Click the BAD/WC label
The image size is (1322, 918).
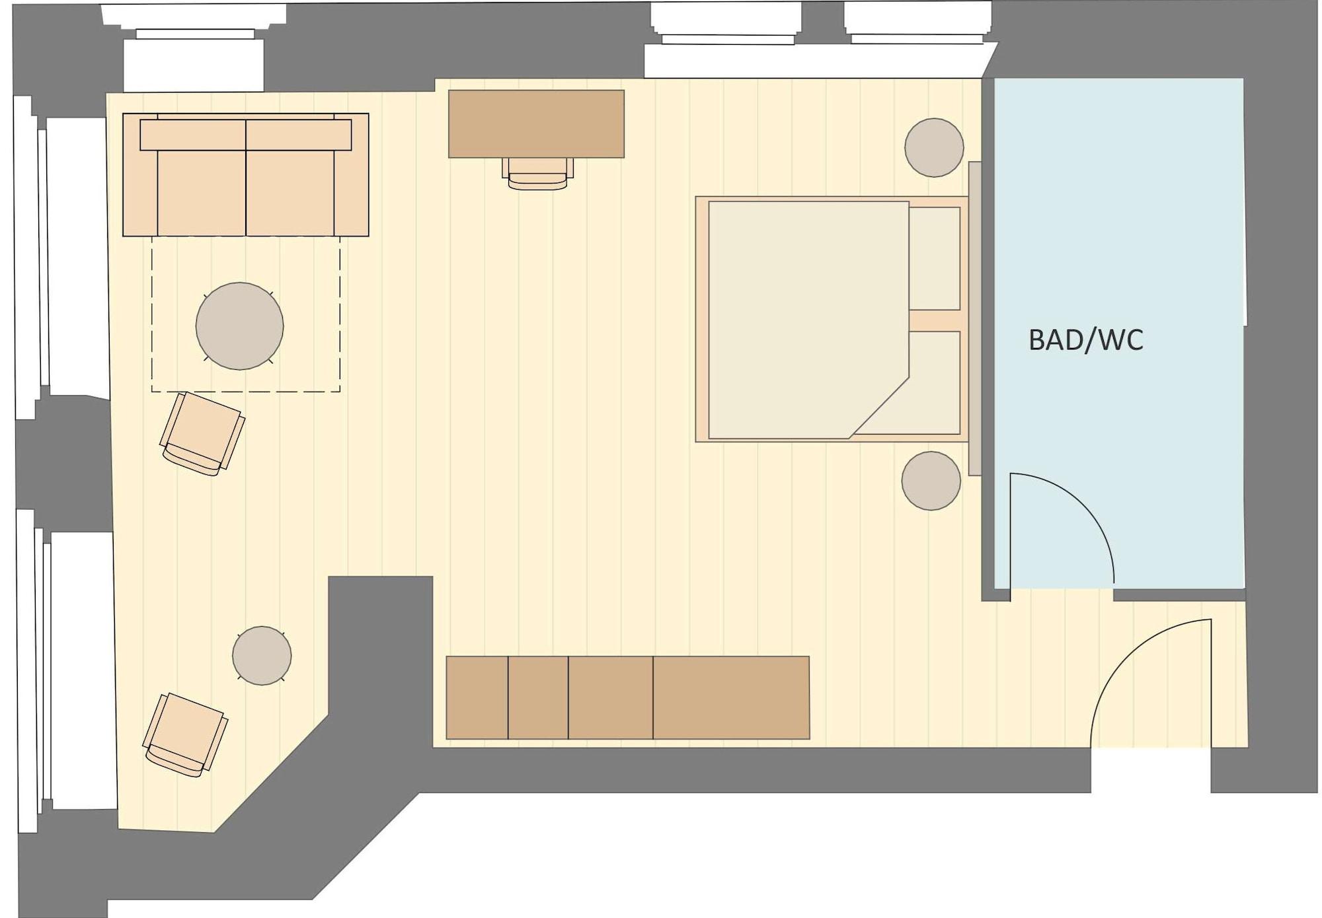(x=1085, y=339)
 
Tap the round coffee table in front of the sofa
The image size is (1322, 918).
(x=239, y=326)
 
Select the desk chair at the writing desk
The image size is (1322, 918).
(x=537, y=174)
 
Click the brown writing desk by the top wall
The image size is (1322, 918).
(x=536, y=124)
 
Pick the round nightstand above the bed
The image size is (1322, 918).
(x=933, y=147)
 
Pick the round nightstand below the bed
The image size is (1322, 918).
(x=930, y=480)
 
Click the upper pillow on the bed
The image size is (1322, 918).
(x=935, y=258)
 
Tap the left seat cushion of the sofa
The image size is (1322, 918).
(x=201, y=192)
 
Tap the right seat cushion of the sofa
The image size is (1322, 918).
(x=290, y=192)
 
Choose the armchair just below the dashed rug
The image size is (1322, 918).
(x=202, y=433)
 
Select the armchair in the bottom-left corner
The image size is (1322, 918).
(x=185, y=734)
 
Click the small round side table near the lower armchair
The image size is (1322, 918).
(x=262, y=655)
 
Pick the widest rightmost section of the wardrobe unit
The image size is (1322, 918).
(x=731, y=697)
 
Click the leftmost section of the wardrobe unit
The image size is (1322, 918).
(x=477, y=697)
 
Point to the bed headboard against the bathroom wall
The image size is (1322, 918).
(x=974, y=317)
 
